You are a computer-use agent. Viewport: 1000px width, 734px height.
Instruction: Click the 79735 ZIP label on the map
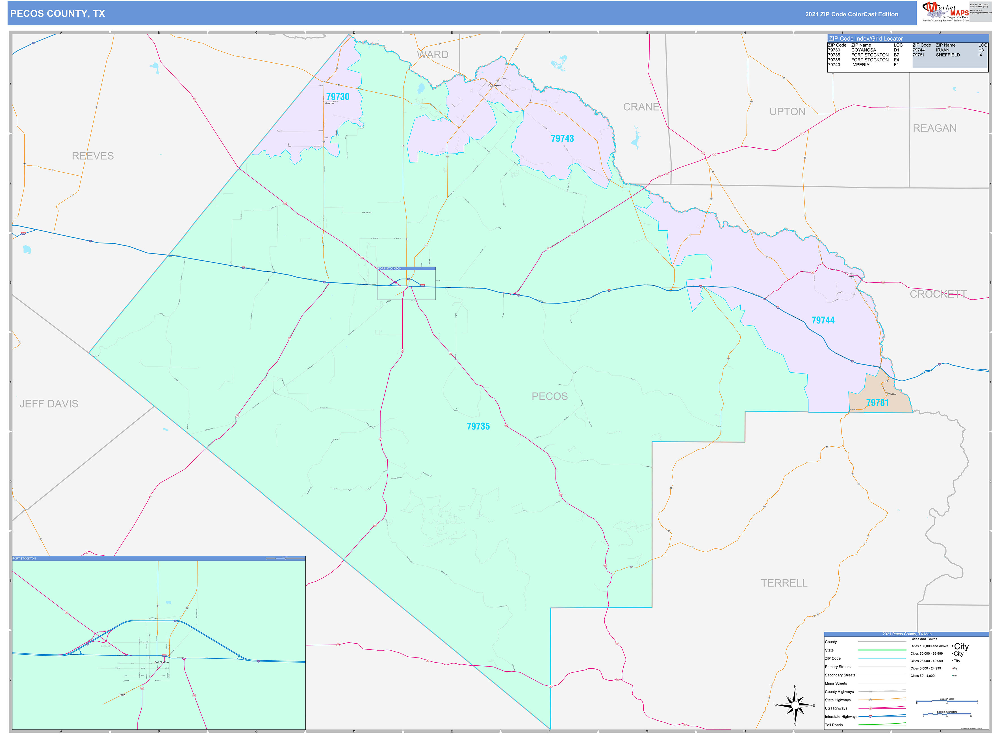click(478, 427)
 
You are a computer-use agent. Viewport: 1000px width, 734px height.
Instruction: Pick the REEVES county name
click(93, 156)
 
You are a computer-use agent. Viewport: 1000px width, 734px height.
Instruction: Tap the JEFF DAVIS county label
click(49, 404)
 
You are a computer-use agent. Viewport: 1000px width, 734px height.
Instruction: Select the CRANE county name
click(641, 107)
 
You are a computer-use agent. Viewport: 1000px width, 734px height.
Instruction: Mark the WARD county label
click(432, 55)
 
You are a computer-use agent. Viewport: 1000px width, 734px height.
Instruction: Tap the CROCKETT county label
click(938, 294)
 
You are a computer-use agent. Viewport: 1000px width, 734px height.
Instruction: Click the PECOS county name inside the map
click(550, 396)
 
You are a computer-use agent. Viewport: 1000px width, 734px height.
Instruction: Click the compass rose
click(795, 705)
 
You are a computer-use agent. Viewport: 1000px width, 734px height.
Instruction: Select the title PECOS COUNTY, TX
click(58, 14)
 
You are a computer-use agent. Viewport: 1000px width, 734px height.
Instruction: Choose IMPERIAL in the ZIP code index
click(861, 65)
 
